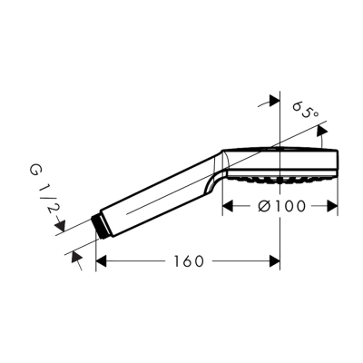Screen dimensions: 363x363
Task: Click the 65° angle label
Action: [x=307, y=113]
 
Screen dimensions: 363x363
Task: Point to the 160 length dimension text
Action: [x=186, y=261]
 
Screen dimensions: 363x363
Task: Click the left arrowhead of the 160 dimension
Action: [x=102, y=261]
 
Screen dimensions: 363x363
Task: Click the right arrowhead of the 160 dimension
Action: [x=273, y=261]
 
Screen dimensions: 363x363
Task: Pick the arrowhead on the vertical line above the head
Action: [x=271, y=105]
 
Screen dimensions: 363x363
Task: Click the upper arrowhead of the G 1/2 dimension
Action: [x=62, y=226]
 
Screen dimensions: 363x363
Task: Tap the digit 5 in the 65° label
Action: [x=309, y=113]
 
